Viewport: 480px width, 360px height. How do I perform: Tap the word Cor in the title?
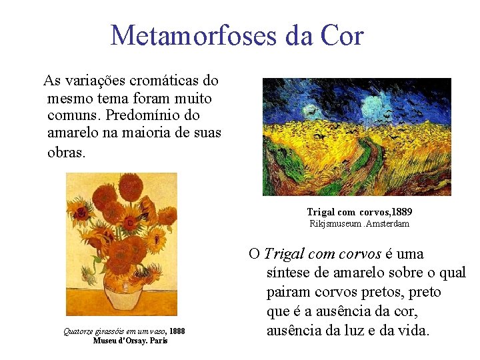(x=341, y=35)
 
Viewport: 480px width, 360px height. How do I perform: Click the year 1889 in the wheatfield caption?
(x=398, y=212)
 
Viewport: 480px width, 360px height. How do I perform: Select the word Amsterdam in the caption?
(x=389, y=224)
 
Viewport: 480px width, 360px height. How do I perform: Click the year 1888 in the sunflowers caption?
(x=177, y=331)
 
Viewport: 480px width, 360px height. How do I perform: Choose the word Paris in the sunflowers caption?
(x=159, y=341)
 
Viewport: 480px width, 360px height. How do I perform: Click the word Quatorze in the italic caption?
(x=77, y=331)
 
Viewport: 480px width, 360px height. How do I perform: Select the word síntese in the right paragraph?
(x=288, y=273)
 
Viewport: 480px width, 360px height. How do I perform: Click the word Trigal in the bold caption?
(x=322, y=212)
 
